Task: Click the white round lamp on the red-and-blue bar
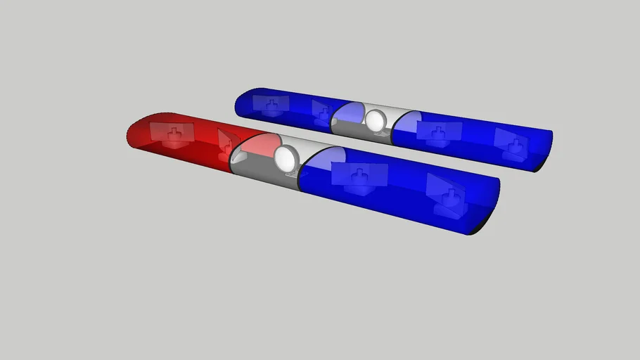(286, 157)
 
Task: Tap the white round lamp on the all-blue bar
(375, 120)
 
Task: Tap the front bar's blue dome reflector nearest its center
(359, 176)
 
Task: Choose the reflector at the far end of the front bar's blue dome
(445, 192)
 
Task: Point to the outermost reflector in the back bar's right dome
(511, 143)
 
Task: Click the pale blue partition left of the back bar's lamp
(346, 114)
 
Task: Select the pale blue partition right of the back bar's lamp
(406, 123)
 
